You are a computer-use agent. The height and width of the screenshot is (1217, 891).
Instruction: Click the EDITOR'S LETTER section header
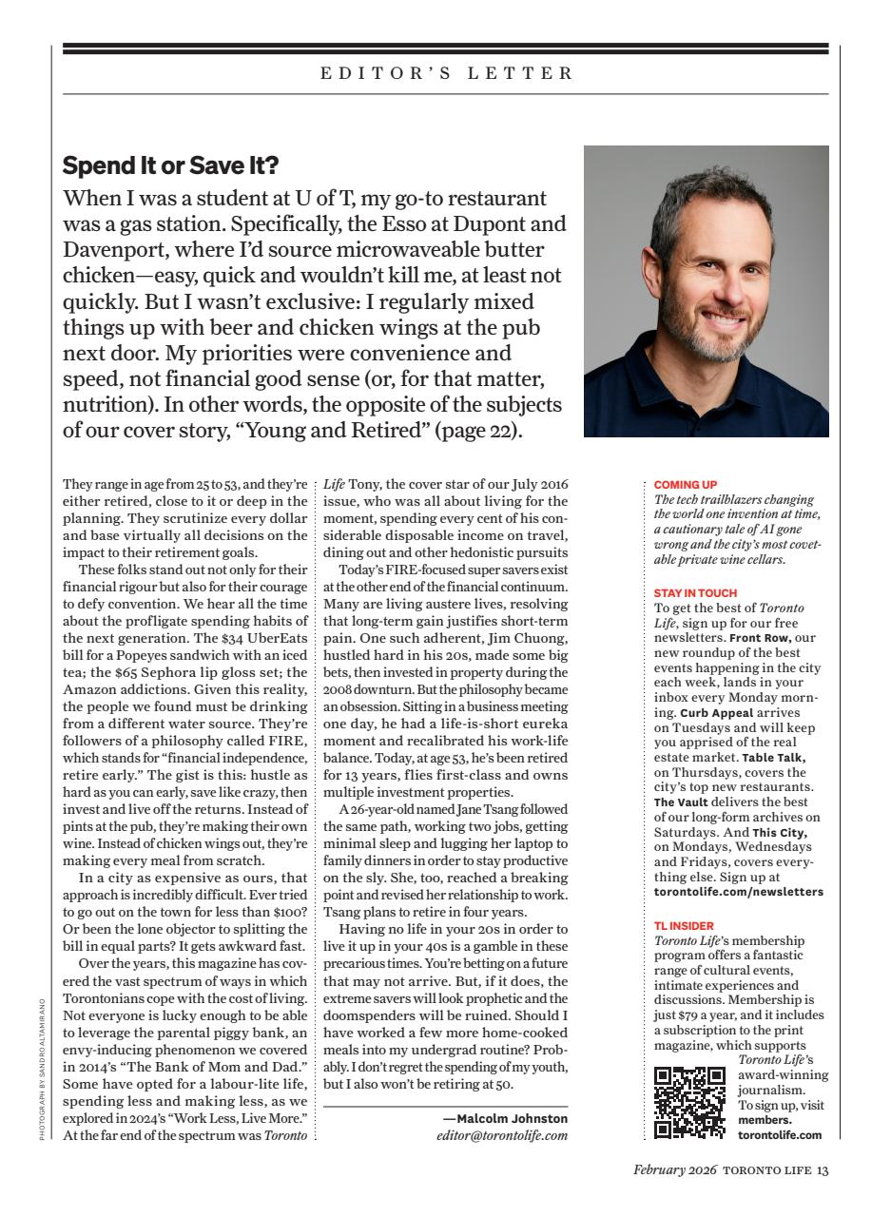point(446,73)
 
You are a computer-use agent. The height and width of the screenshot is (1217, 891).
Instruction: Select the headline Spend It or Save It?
point(170,165)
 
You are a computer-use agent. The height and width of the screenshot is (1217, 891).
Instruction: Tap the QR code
point(690,1102)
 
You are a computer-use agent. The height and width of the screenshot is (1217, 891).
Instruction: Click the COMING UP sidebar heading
point(686,485)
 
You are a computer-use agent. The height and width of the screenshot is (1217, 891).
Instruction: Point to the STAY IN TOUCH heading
point(695,593)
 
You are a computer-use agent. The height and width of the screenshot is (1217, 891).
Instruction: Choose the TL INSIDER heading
point(684,925)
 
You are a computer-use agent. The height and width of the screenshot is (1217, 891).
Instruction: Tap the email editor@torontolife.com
point(502,1135)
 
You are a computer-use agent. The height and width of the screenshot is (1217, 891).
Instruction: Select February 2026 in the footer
point(675,1170)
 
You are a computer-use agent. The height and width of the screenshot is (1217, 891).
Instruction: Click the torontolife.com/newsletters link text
point(739,892)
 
